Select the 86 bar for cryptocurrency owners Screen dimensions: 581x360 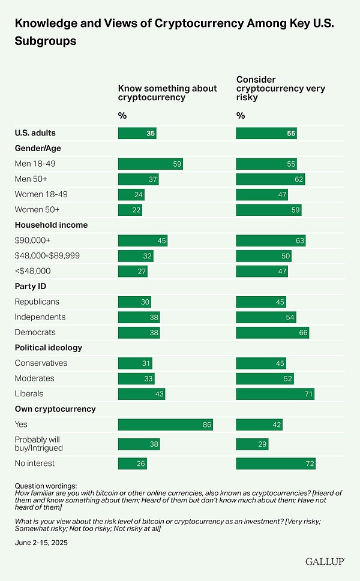point(166,425)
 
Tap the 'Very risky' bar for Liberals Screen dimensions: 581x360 point(275,394)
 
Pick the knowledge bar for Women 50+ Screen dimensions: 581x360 point(130,209)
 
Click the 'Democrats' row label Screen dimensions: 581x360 point(35,332)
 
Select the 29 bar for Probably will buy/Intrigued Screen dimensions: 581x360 point(253,444)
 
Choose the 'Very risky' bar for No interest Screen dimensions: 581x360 point(276,463)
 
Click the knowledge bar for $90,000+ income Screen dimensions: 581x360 point(143,240)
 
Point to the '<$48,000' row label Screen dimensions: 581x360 point(32,270)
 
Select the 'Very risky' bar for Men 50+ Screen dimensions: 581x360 point(271,179)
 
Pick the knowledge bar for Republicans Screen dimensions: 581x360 point(134,302)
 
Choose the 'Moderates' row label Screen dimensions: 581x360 point(34,378)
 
